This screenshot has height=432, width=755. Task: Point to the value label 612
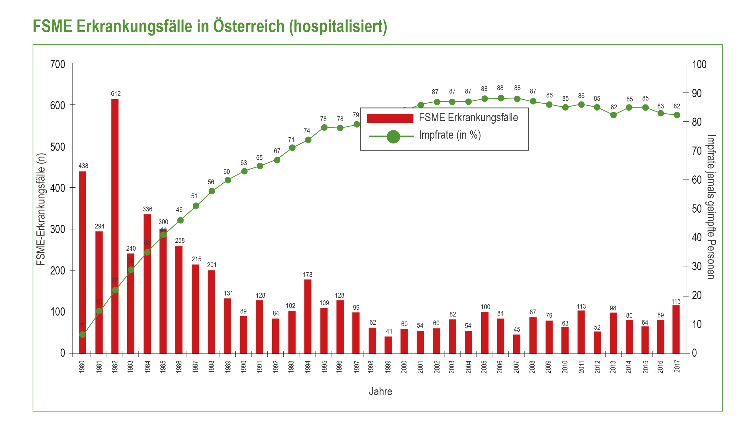(116, 94)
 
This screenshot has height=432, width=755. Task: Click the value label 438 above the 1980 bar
(83, 166)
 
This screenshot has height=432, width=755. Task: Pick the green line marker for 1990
(244, 171)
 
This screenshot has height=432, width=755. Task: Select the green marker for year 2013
(613, 115)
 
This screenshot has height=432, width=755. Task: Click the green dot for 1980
(82, 335)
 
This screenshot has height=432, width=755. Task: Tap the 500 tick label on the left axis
(58, 147)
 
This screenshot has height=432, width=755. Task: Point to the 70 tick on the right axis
(697, 151)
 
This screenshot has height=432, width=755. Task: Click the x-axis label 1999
(388, 366)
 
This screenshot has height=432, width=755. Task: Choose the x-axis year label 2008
(532, 366)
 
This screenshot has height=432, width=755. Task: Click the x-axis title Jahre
(380, 391)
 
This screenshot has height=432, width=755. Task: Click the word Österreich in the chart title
(249, 26)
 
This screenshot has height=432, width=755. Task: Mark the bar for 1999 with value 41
(388, 345)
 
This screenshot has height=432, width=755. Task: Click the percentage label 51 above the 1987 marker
(194, 196)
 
